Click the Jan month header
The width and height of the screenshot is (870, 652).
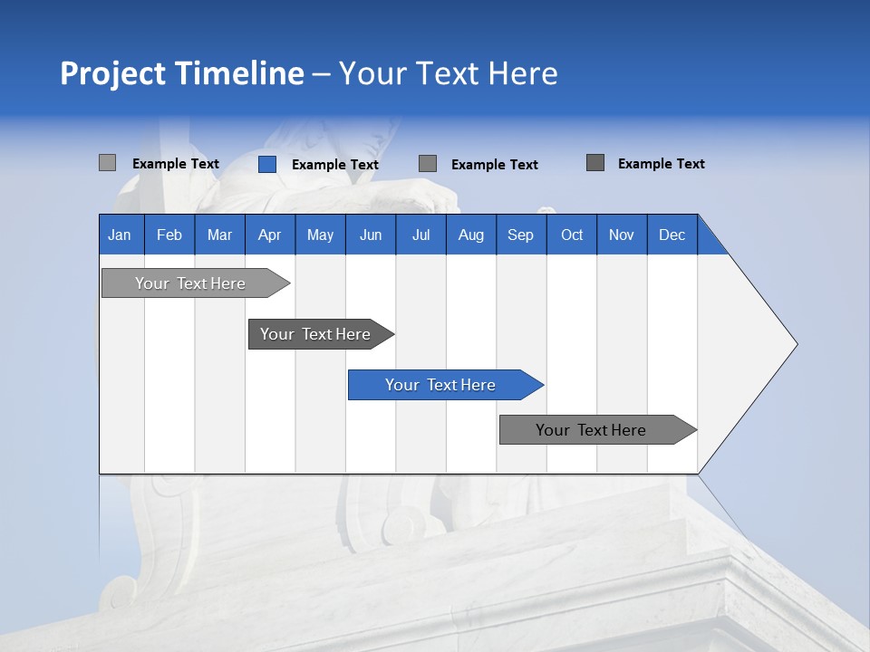(121, 235)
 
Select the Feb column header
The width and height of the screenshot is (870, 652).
(169, 235)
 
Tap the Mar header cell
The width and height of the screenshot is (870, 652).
(219, 235)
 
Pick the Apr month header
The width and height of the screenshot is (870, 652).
(270, 235)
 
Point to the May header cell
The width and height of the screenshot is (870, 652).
(320, 235)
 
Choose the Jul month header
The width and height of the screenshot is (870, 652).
(420, 235)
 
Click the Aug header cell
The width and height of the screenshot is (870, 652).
(471, 235)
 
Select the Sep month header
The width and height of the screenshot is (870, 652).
(521, 235)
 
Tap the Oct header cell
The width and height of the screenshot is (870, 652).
(572, 235)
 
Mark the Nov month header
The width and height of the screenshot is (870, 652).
(622, 235)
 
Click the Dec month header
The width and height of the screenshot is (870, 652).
(672, 235)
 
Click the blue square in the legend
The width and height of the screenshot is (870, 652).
(267, 164)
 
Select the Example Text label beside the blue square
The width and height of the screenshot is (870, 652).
(335, 165)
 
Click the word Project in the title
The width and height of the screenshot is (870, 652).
(112, 73)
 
